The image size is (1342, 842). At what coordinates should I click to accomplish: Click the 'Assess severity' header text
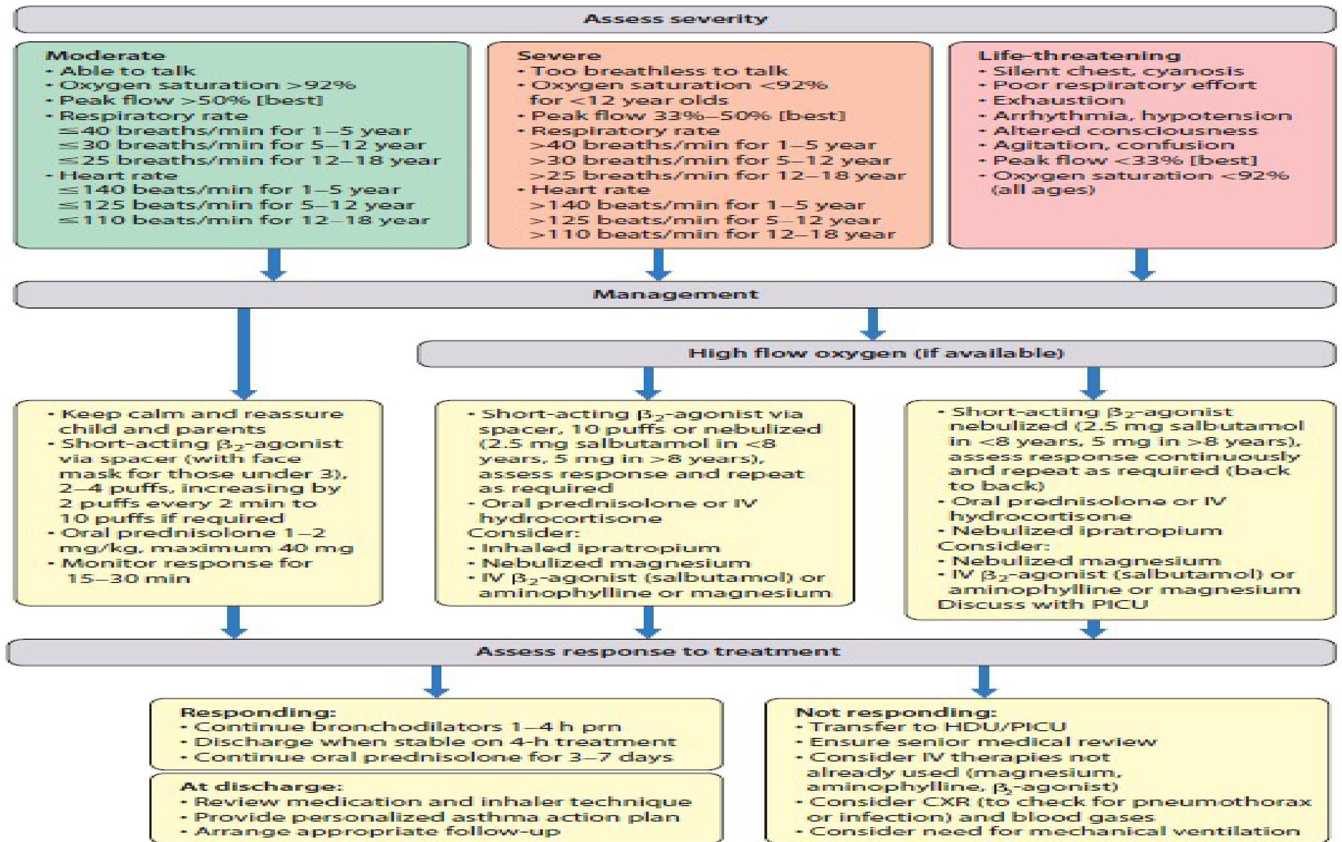click(675, 19)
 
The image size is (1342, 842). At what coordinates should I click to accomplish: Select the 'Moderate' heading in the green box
click(105, 56)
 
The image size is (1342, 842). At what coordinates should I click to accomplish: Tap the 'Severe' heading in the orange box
click(558, 56)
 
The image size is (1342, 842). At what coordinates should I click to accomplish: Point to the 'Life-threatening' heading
click(1079, 56)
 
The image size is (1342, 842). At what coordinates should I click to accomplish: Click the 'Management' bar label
click(675, 294)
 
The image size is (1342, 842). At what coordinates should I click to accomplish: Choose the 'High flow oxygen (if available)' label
click(876, 353)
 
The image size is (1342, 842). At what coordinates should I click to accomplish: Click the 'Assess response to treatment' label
click(658, 651)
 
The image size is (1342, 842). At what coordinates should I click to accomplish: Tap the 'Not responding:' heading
click(896, 713)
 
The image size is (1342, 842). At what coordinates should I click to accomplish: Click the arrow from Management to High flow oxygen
click(872, 323)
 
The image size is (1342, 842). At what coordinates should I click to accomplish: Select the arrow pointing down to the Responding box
click(436, 681)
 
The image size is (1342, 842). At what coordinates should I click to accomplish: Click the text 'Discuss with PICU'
click(1042, 604)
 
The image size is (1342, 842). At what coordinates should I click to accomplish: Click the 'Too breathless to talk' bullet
click(659, 71)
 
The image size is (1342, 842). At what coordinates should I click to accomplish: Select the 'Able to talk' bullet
click(127, 71)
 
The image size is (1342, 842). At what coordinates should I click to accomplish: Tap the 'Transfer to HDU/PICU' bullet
click(937, 727)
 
